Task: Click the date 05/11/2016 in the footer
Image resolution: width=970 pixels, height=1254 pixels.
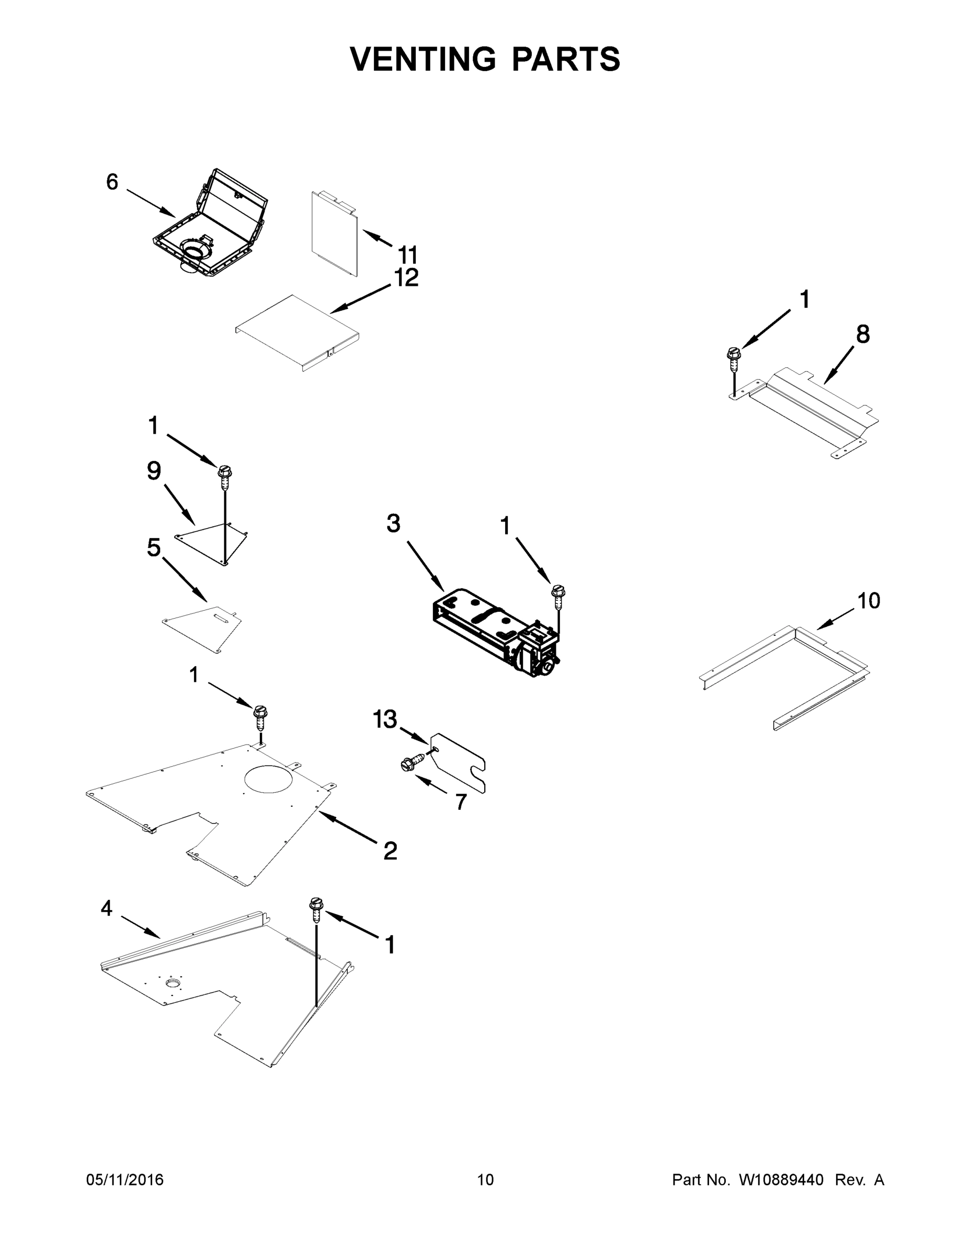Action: tap(124, 1179)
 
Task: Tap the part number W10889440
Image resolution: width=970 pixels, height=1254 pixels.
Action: tap(781, 1179)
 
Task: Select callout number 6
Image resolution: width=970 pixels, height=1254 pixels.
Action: tap(112, 182)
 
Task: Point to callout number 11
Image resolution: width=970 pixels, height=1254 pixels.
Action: tap(408, 254)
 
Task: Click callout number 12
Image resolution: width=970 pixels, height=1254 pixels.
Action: tap(406, 278)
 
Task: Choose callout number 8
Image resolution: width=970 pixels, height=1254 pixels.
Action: tap(862, 334)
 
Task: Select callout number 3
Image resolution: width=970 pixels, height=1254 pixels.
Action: tap(393, 524)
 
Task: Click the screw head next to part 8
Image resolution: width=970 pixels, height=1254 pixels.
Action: tap(733, 353)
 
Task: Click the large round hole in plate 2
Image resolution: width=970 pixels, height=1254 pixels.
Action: tap(268, 779)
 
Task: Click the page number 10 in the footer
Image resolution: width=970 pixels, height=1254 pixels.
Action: tap(485, 1179)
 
